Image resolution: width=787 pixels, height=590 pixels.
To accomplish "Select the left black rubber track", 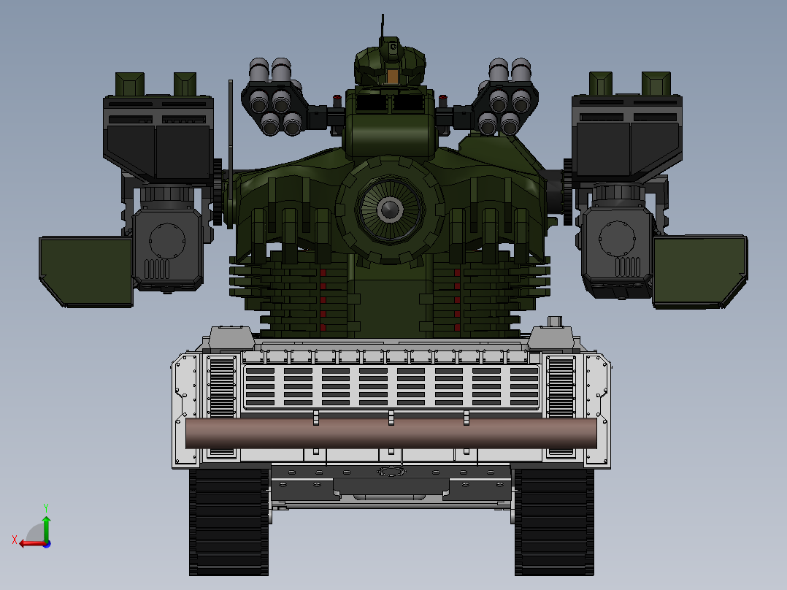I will [229, 521].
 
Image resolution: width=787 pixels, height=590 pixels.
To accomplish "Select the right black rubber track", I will [554, 521].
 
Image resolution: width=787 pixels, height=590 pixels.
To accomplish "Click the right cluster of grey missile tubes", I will [509, 98].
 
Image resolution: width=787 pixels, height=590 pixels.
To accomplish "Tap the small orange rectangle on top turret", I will [393, 77].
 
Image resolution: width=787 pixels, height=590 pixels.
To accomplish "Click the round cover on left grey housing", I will [166, 240].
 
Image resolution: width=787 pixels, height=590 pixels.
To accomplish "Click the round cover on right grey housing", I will [617, 240].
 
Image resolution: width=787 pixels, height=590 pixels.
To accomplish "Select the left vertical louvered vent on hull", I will [220, 387].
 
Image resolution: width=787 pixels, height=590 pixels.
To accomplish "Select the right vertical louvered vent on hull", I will [561, 387].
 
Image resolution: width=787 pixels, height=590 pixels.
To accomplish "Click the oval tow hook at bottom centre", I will [391, 472].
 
